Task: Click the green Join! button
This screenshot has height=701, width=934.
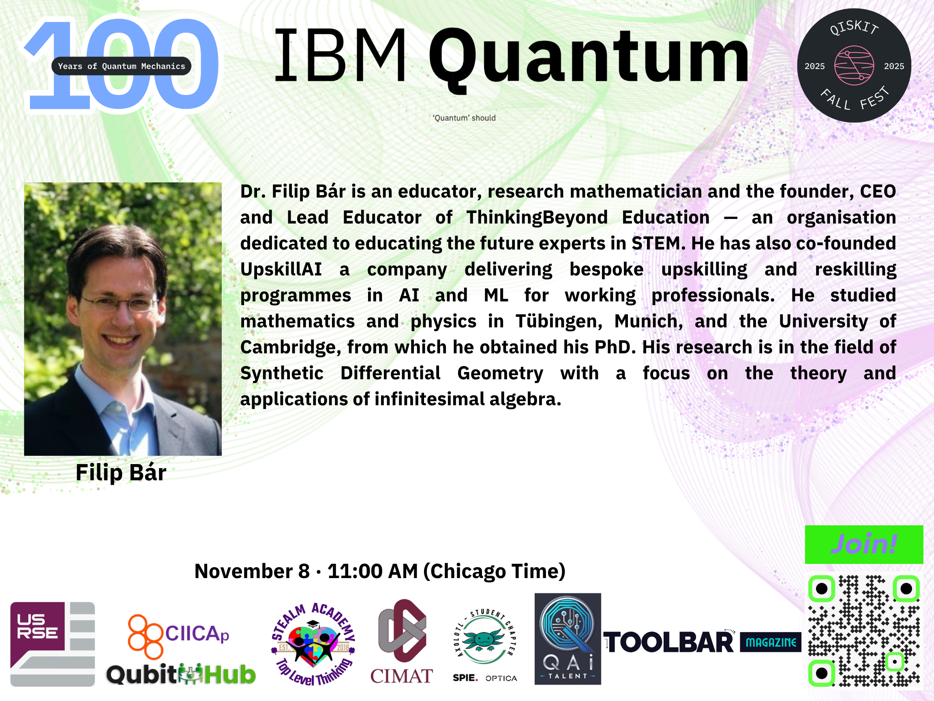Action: (x=864, y=544)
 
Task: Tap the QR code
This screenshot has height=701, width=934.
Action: (x=864, y=631)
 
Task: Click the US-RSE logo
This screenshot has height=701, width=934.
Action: (x=52, y=644)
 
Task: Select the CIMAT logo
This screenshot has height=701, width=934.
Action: (x=402, y=641)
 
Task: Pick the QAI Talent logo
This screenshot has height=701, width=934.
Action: (x=568, y=639)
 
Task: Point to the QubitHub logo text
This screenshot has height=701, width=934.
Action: (x=181, y=674)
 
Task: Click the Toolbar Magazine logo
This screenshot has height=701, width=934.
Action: (x=702, y=642)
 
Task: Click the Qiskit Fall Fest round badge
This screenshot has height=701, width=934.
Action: (x=854, y=65)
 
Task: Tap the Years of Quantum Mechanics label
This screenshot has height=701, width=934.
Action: (x=121, y=66)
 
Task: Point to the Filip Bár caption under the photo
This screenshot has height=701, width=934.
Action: (x=121, y=472)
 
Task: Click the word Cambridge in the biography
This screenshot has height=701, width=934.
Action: (x=291, y=347)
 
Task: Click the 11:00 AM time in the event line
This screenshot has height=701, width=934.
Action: (x=372, y=571)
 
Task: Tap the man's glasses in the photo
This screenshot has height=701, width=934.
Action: (x=120, y=303)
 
